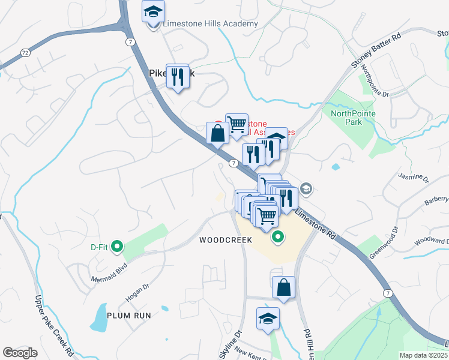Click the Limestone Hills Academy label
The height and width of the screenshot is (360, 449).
(210, 24)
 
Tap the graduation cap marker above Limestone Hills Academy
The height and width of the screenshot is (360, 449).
(154, 11)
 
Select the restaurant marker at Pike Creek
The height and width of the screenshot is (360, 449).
(177, 77)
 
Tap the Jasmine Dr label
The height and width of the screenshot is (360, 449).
(414, 178)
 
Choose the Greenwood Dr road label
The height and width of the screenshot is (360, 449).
(384, 242)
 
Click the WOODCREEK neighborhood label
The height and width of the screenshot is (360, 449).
(225, 239)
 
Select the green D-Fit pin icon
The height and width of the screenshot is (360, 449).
(118, 246)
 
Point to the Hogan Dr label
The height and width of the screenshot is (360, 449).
(136, 292)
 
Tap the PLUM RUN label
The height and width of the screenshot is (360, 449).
(129, 315)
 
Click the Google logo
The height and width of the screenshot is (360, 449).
(20, 353)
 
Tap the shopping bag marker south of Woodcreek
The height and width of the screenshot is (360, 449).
(283, 287)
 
